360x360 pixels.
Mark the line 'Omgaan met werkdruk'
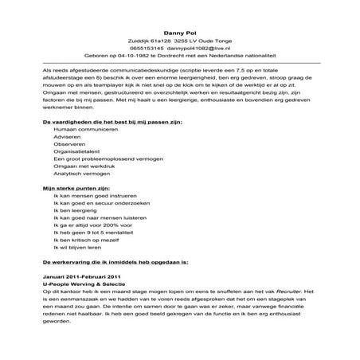[80, 174]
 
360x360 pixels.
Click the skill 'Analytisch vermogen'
[80, 184]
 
